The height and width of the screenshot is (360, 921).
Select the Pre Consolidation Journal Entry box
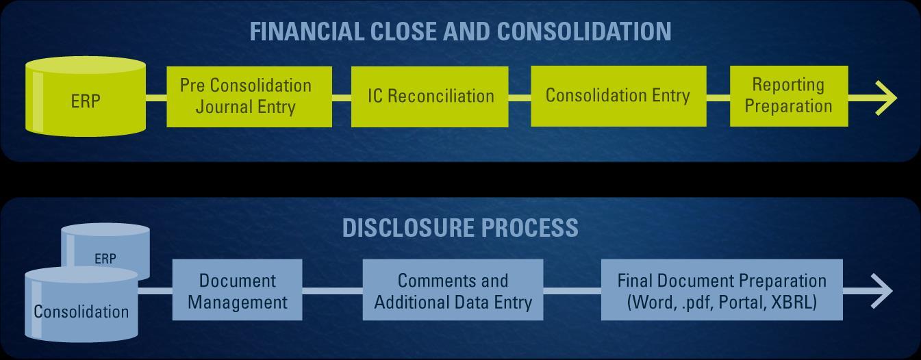tap(249, 97)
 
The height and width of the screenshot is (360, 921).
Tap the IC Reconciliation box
tap(430, 97)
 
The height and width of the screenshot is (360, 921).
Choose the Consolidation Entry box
tap(618, 96)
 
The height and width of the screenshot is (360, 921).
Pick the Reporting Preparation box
tap(789, 96)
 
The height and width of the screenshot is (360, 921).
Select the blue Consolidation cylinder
tap(81, 305)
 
